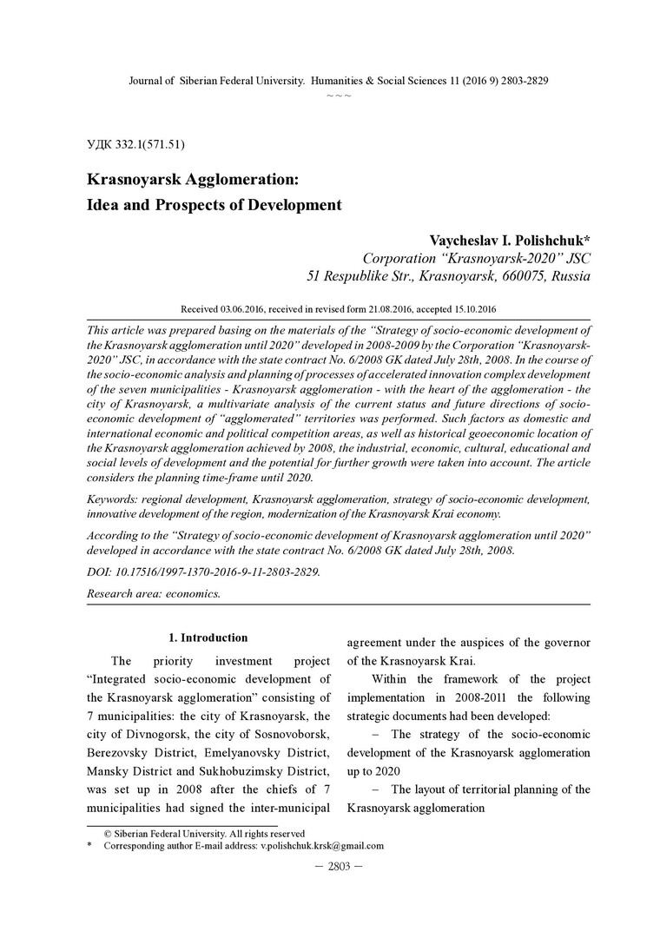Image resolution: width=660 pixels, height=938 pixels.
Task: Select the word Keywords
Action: pos(115,499)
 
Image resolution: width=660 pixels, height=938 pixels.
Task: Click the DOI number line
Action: pos(204,571)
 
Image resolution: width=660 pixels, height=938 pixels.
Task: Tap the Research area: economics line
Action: pos(155,594)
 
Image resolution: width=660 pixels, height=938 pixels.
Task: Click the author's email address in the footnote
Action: pos(322,845)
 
